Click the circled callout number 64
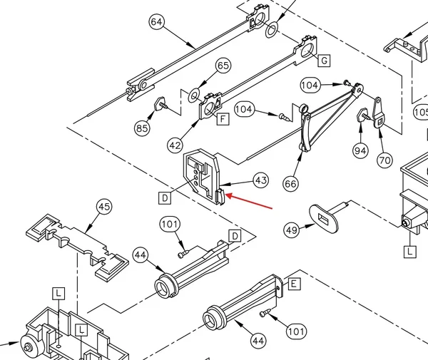click(157, 21)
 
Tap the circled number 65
click(223, 66)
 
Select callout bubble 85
click(142, 128)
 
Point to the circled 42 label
click(175, 145)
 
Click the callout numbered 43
click(260, 180)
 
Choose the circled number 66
click(290, 183)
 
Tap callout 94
click(360, 150)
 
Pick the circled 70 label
click(384, 160)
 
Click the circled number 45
click(104, 207)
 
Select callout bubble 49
click(291, 230)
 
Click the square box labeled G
click(324, 61)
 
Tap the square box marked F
click(223, 119)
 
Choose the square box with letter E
click(293, 284)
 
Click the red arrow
click(248, 201)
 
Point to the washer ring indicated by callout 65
click(194, 96)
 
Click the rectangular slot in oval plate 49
click(324, 219)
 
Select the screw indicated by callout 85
click(160, 104)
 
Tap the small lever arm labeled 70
click(378, 113)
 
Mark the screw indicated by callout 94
click(364, 115)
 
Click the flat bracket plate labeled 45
click(78, 247)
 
